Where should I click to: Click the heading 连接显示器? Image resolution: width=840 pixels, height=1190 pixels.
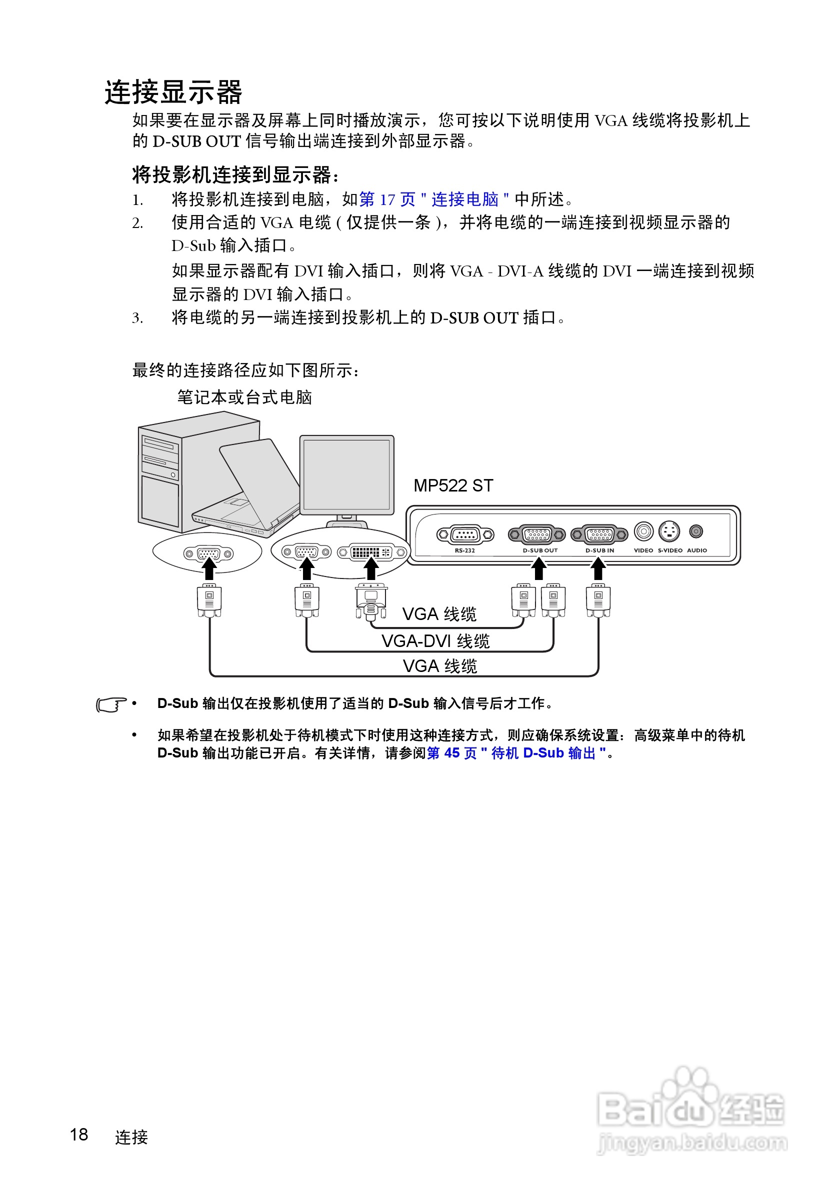[173, 92]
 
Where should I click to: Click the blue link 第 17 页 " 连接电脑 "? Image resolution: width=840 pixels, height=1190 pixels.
[433, 199]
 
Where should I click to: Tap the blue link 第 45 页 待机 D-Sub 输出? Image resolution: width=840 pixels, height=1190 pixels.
[516, 753]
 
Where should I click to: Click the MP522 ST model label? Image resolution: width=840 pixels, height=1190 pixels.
[453, 485]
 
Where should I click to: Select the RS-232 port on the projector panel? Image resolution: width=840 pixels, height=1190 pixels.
[465, 534]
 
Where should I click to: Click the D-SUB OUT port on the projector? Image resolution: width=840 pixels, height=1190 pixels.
[536, 534]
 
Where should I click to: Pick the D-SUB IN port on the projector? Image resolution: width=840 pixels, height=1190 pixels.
[599, 534]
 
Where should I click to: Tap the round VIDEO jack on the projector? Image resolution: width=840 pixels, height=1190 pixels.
[643, 531]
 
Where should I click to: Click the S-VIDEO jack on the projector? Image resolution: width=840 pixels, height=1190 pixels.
[668, 531]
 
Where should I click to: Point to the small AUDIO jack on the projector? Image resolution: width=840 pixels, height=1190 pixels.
[696, 531]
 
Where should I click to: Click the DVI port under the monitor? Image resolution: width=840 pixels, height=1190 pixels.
[371, 552]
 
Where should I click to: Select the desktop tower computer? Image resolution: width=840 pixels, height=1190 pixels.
[160, 474]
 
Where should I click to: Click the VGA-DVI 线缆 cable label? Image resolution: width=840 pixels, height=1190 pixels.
[435, 641]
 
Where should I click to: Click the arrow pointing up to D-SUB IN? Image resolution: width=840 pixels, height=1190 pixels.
[598, 569]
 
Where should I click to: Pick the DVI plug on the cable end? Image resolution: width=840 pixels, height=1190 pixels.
[371, 601]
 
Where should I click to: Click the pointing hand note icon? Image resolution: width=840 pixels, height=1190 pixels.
[111, 705]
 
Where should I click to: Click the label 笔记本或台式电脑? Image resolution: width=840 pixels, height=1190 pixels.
[244, 397]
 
